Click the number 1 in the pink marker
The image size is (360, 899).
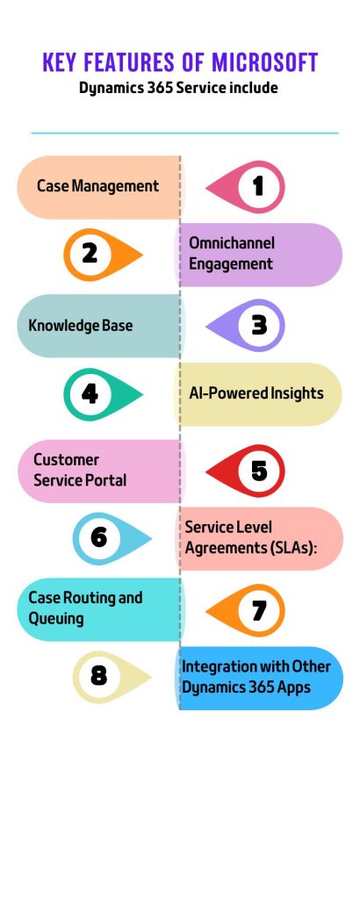pyautogui.click(x=258, y=186)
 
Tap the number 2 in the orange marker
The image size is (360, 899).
pyautogui.click(x=90, y=254)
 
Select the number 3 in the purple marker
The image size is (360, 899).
pyautogui.click(x=259, y=325)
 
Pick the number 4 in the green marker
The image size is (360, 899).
pyautogui.click(x=90, y=394)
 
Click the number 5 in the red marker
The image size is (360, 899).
pyautogui.click(x=259, y=471)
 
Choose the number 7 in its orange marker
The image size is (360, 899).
pyautogui.click(x=259, y=611)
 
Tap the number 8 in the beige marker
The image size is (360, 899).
pyautogui.click(x=98, y=677)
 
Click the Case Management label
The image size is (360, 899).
pyautogui.click(x=97, y=186)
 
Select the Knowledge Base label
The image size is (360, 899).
pyautogui.click(x=80, y=326)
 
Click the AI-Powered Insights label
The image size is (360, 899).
pyautogui.click(x=256, y=393)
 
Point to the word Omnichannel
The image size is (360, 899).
pyautogui.click(x=232, y=242)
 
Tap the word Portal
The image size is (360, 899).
pyautogui.click(x=105, y=480)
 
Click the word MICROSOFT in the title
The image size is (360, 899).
pyautogui.click(x=265, y=62)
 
